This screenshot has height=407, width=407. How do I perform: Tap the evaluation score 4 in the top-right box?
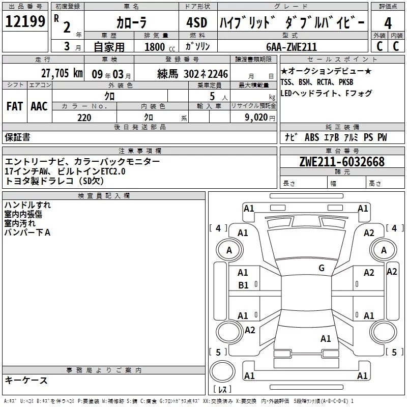click(x=388, y=23)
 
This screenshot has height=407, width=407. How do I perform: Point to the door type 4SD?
click(x=197, y=23)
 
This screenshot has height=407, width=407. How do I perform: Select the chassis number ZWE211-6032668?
click(x=342, y=162)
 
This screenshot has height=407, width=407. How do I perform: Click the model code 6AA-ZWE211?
click(x=292, y=47)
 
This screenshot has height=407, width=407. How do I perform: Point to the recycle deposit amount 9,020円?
click(x=259, y=118)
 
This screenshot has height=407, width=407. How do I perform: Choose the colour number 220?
click(x=84, y=118)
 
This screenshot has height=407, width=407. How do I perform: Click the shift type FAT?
click(x=15, y=106)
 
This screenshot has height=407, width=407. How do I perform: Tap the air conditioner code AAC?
click(x=39, y=106)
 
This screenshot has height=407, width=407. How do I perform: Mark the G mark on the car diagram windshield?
click(x=321, y=268)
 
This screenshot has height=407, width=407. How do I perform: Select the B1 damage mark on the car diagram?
click(x=243, y=285)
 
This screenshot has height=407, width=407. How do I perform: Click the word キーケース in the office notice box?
click(x=26, y=381)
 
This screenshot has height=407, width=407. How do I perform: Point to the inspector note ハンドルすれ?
click(x=27, y=206)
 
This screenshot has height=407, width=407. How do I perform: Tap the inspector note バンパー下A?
click(x=27, y=232)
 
